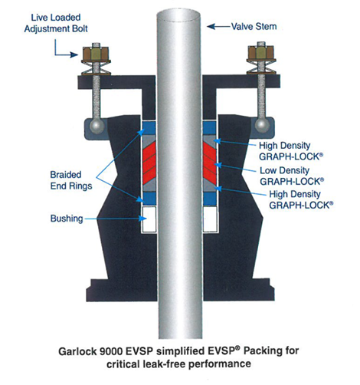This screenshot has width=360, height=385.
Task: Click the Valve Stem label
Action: (254, 26)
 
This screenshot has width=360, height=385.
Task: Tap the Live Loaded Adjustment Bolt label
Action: (56, 23)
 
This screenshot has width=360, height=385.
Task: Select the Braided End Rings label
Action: (71, 180)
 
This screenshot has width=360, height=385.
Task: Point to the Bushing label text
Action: (67, 219)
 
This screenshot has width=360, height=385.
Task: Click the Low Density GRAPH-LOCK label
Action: (292, 176)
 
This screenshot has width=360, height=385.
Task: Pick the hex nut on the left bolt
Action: (96, 53)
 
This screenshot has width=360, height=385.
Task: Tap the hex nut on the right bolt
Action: (261, 53)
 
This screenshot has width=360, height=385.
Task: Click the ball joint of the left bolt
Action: (97, 126)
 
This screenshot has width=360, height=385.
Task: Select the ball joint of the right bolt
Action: (262, 125)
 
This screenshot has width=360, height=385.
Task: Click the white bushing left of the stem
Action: (149, 219)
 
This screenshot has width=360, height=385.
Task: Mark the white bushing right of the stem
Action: (210, 219)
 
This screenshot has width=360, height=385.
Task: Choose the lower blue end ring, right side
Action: (210, 198)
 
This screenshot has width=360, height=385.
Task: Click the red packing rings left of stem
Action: (149, 163)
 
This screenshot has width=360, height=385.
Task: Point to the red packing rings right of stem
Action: (210, 163)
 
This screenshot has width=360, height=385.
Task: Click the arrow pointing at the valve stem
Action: (218, 26)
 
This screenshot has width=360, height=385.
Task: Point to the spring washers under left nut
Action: (96, 67)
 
